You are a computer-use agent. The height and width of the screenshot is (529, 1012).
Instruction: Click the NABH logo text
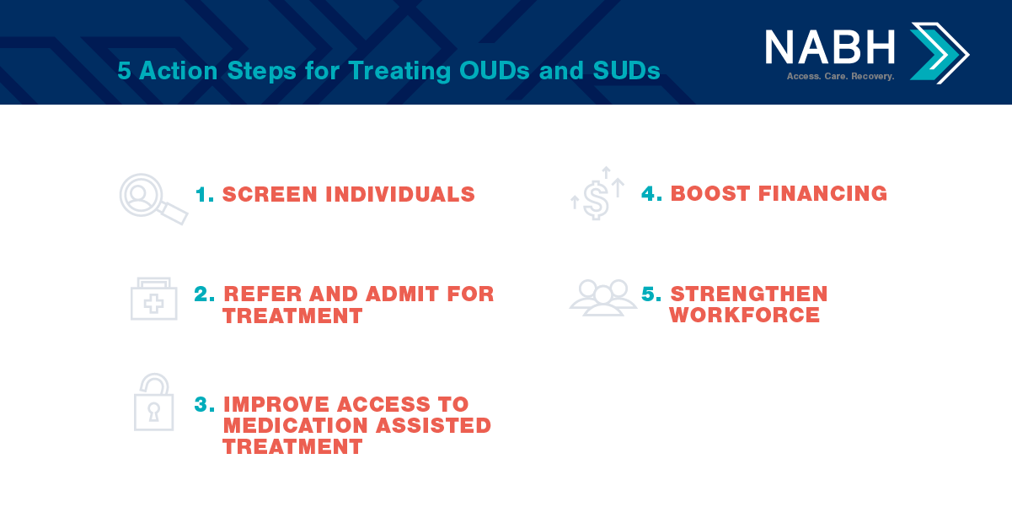pos(829,47)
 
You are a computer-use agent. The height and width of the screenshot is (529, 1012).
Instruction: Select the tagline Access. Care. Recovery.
pos(840,76)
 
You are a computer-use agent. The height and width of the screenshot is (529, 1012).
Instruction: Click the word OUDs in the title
pos(495,71)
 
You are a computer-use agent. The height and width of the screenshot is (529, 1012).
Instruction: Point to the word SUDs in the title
pos(626,71)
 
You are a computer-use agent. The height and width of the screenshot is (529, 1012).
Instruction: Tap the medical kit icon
pos(153,300)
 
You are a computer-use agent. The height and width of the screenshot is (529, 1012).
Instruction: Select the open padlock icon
pos(153,402)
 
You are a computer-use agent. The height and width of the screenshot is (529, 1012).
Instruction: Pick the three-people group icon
pos(602,297)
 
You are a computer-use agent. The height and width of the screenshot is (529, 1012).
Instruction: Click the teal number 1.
pos(204,195)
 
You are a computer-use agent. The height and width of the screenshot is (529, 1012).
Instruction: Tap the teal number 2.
pos(204,294)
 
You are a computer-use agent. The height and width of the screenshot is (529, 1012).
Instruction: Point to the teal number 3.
pos(204,404)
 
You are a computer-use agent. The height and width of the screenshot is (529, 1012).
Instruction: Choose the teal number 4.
pos(651,194)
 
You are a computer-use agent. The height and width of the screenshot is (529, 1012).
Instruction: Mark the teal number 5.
pos(651,294)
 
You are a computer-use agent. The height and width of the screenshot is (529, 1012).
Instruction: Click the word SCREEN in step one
pos(270,195)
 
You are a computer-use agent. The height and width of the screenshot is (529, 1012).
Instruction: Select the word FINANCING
pos(822,194)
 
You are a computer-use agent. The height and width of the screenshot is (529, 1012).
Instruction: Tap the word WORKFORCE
pos(745,315)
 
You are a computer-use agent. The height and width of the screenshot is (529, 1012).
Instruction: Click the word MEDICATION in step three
pos(295,425)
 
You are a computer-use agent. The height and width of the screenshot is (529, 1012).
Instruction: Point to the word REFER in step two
pos(263,294)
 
